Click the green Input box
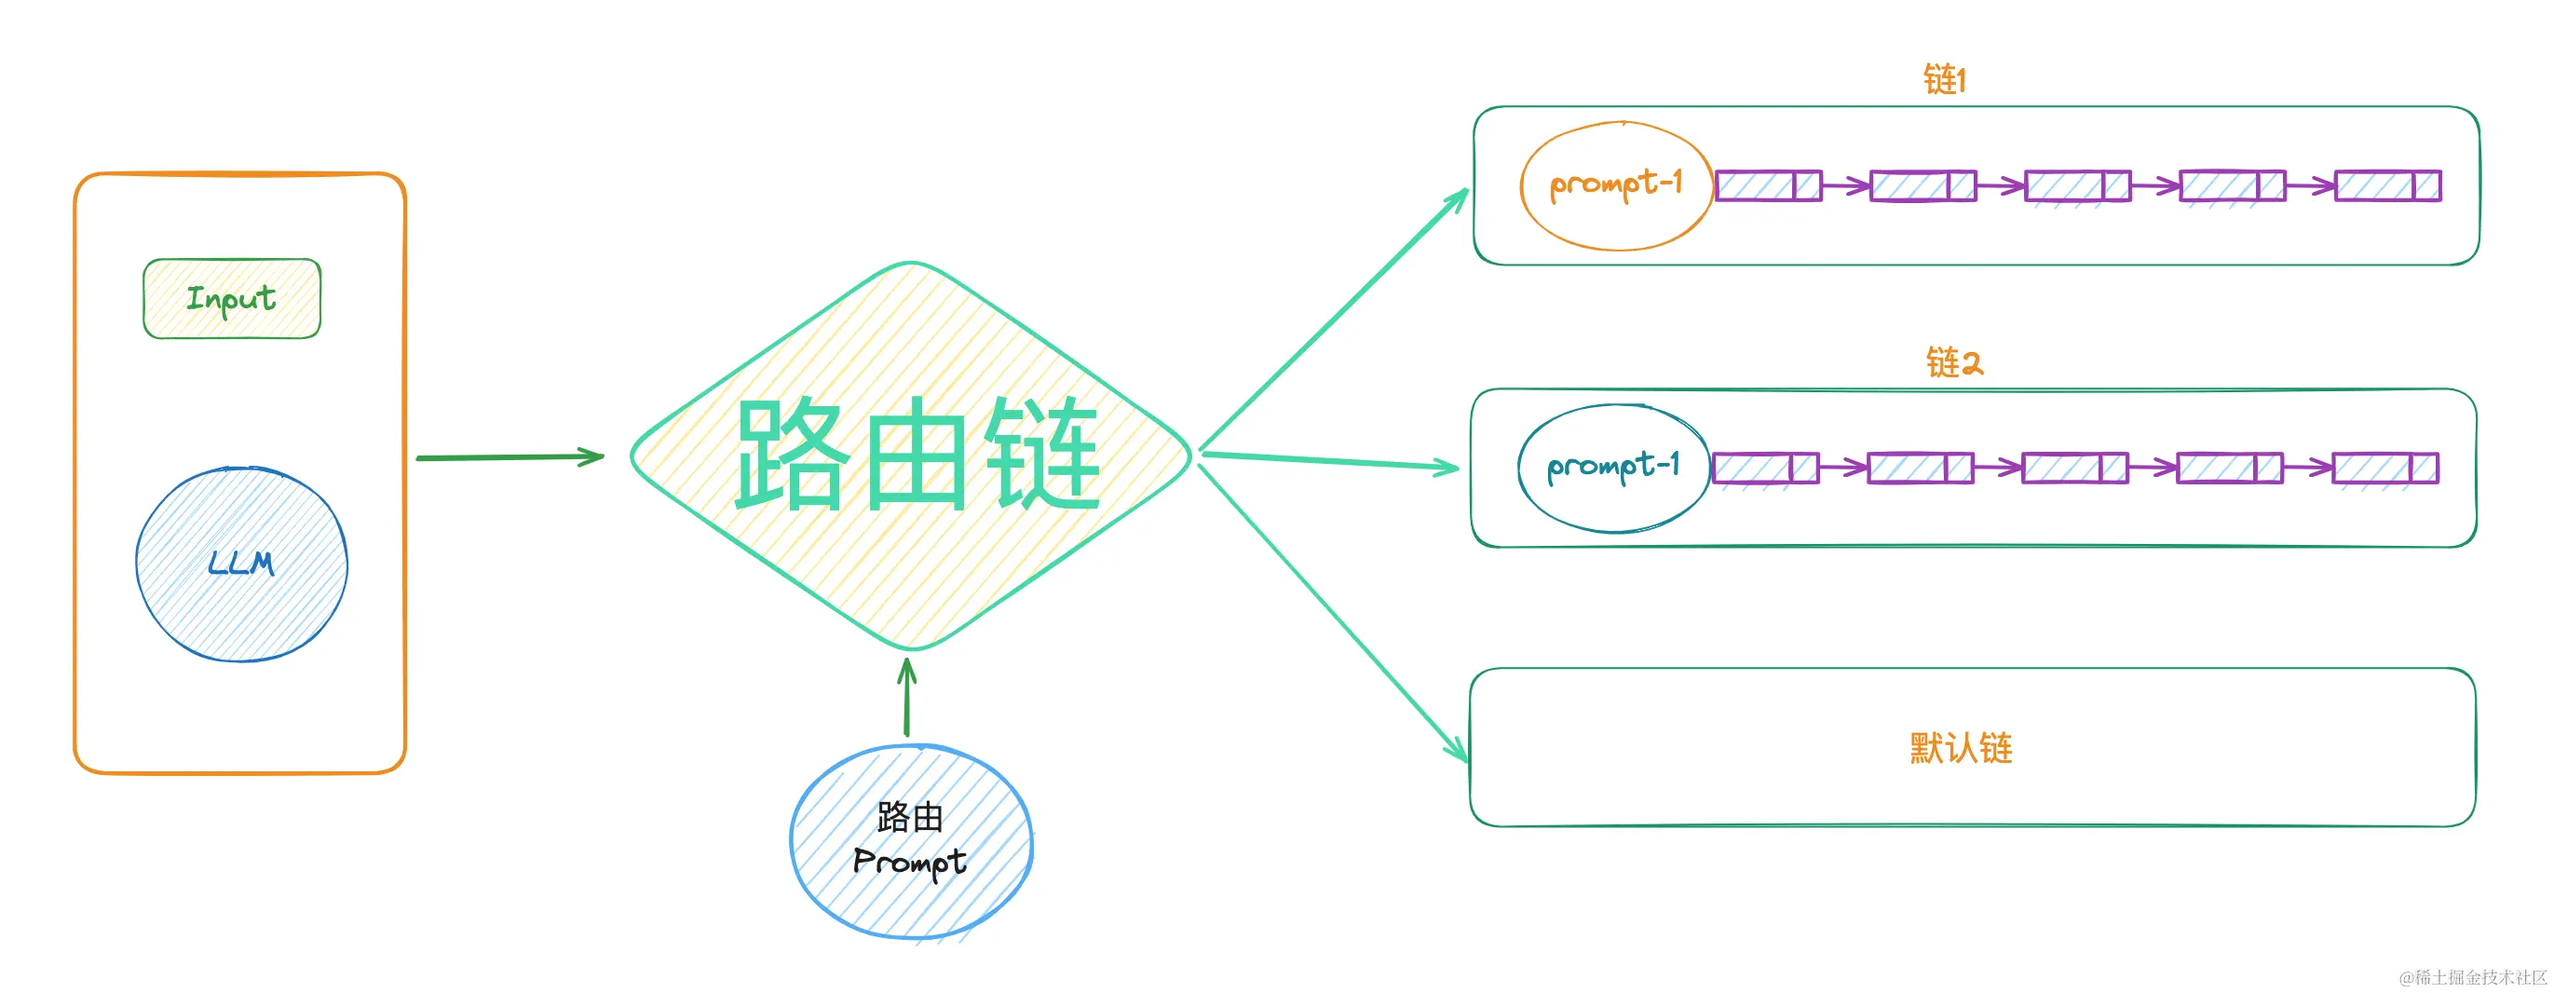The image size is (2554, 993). (x=232, y=299)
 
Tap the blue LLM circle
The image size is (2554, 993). (x=242, y=564)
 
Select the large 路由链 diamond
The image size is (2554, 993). (x=912, y=456)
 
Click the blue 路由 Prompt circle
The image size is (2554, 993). (x=911, y=841)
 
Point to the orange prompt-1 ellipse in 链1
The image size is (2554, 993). (x=1616, y=185)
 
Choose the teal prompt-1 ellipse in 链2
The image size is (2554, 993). (x=1613, y=469)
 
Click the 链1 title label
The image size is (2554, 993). (x=1944, y=79)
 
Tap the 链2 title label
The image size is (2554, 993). (x=1953, y=363)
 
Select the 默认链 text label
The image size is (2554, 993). (x=1961, y=748)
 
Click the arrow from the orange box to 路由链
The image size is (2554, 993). (x=509, y=457)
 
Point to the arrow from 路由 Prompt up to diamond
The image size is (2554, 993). (x=906, y=699)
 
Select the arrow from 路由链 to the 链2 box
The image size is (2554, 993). (x=1328, y=461)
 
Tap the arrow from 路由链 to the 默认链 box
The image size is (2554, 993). (x=1334, y=613)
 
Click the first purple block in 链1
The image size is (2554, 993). (x=1768, y=185)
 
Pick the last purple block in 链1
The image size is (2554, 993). (x=2387, y=185)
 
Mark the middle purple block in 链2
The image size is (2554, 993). (x=2074, y=469)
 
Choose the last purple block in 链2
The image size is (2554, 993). (x=2384, y=469)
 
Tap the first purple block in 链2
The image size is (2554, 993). (x=1765, y=469)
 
